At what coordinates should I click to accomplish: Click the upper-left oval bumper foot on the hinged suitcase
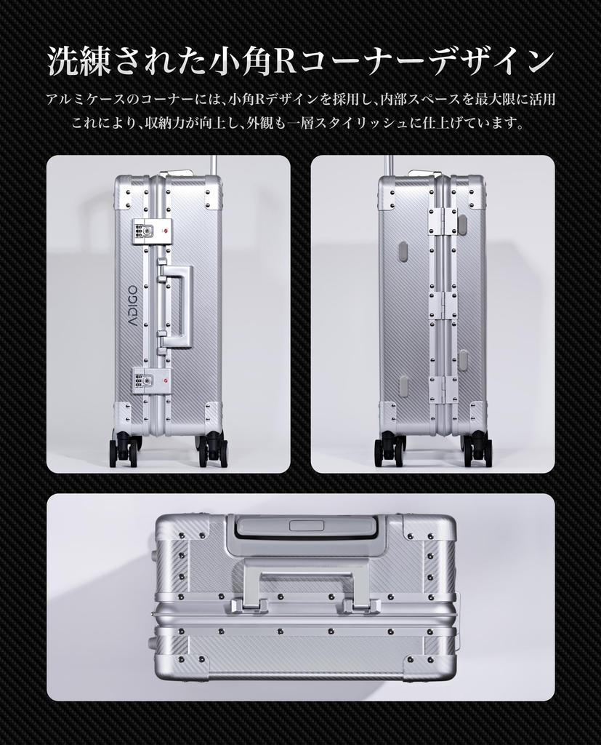tap(403, 251)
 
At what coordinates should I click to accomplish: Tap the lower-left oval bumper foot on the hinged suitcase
tap(403, 386)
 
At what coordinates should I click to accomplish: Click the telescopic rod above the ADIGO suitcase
tap(215, 164)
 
